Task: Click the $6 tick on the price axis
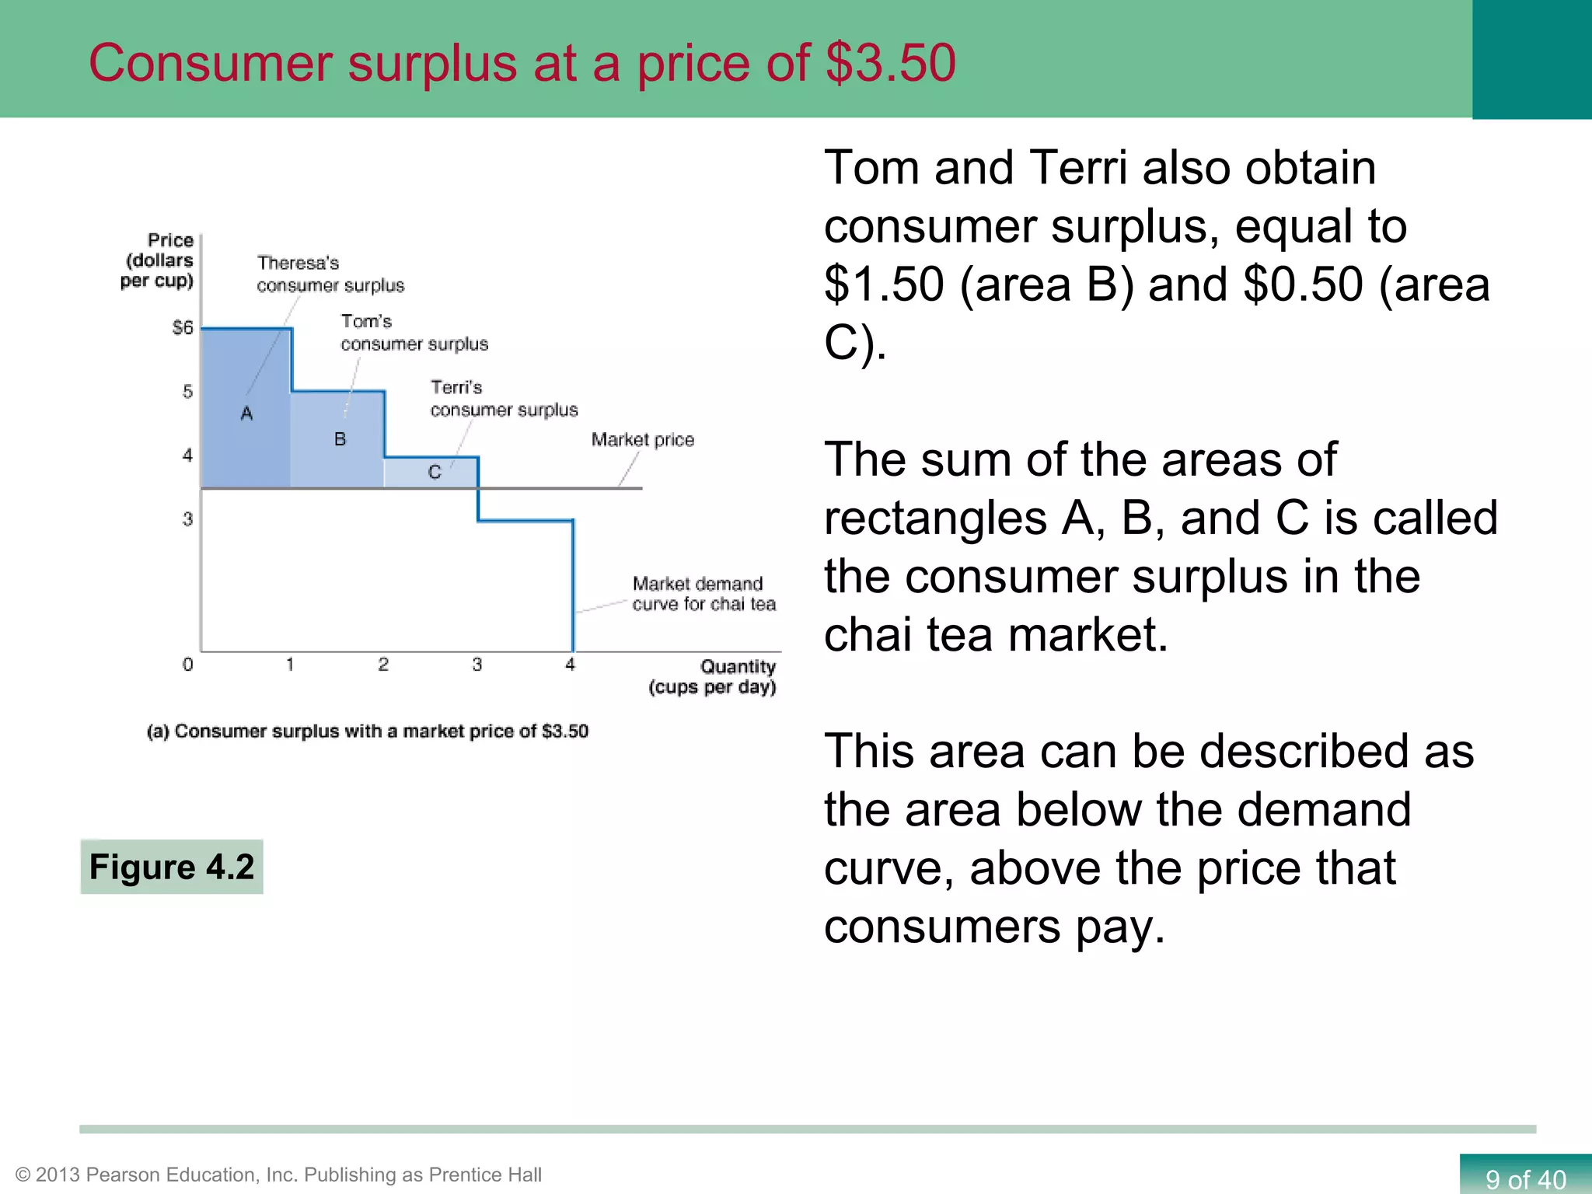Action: pyautogui.click(x=183, y=327)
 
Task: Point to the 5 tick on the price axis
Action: pyautogui.click(x=187, y=391)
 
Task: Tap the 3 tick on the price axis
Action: pyautogui.click(x=187, y=518)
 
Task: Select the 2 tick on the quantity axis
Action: pyautogui.click(x=383, y=665)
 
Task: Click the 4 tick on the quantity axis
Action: pyautogui.click(x=570, y=665)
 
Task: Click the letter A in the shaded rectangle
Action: pyautogui.click(x=246, y=414)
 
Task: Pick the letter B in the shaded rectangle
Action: pyautogui.click(x=340, y=439)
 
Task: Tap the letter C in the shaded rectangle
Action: pyautogui.click(x=435, y=472)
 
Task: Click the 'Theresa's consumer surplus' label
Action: pyautogui.click(x=330, y=274)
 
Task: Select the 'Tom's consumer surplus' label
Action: pyautogui.click(x=414, y=333)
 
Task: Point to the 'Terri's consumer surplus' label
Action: pyautogui.click(x=504, y=399)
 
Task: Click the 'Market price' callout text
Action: pyautogui.click(x=642, y=440)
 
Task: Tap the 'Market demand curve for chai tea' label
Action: pyautogui.click(x=703, y=594)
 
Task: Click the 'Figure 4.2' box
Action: pyautogui.click(x=172, y=867)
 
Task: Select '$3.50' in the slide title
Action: pyautogui.click(x=891, y=63)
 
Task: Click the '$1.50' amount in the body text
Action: pyautogui.click(x=884, y=285)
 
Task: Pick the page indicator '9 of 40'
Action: pyautogui.click(x=1525, y=1179)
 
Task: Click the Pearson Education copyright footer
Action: pyautogui.click(x=278, y=1175)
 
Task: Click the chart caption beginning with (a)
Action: pyautogui.click(x=368, y=731)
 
